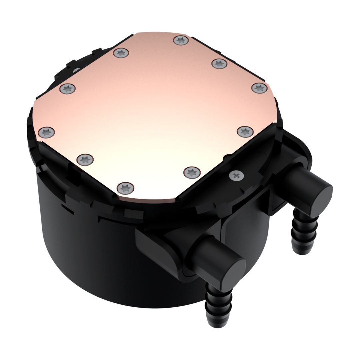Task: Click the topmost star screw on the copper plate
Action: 181,41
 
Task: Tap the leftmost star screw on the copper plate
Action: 46,132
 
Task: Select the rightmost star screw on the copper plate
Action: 259,88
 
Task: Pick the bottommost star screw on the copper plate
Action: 125,187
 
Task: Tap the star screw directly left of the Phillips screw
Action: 192,172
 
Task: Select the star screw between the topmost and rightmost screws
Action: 219,63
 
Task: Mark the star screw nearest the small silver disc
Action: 68,89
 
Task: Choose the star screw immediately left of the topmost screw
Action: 121,53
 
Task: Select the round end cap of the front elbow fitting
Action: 230,271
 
